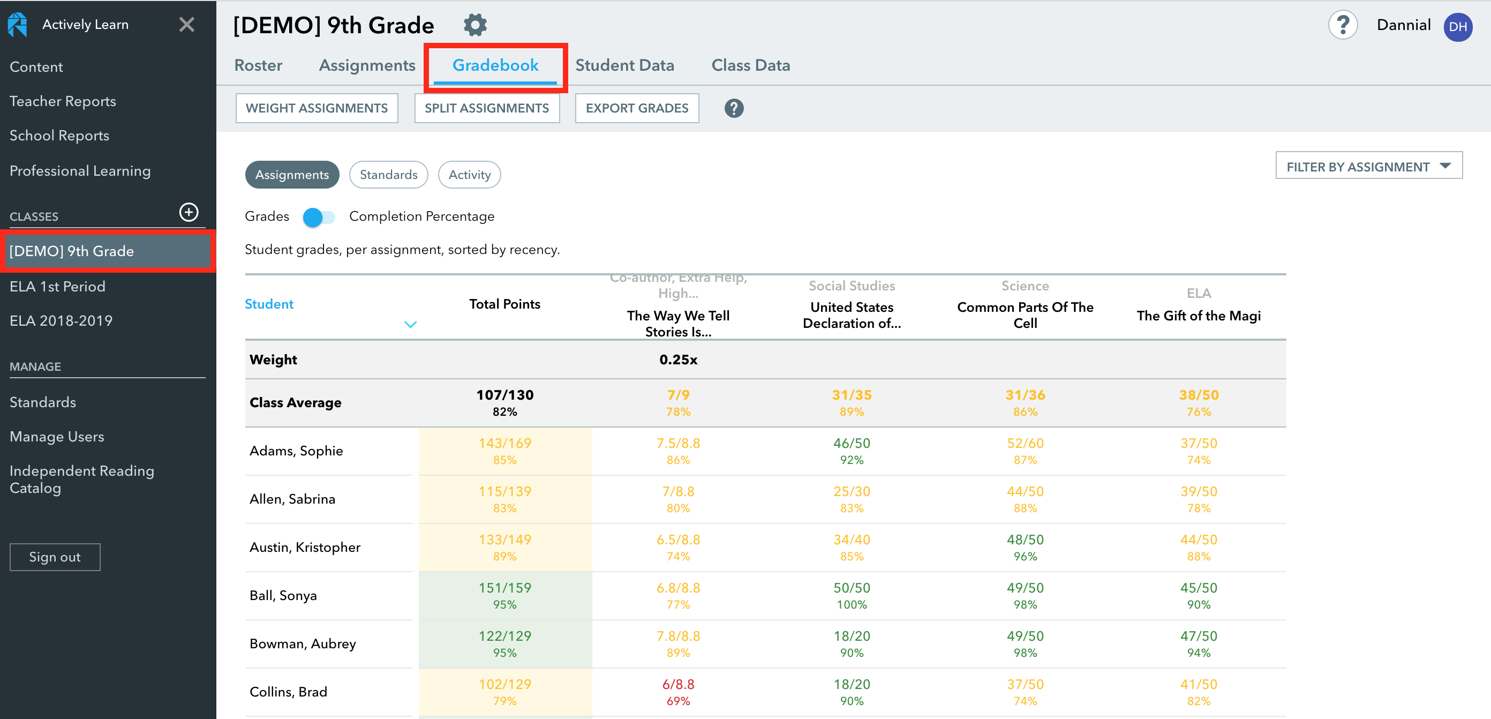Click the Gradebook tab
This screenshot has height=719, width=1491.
[495, 65]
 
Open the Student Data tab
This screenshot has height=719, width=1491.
[624, 65]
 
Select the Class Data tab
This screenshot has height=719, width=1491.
[750, 65]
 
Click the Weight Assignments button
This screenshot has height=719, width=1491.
[317, 108]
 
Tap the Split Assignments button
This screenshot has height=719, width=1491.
[486, 108]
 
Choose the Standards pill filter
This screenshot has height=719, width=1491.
[388, 175]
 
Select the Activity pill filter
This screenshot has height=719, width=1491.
[469, 175]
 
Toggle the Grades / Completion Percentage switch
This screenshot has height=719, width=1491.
[318, 217]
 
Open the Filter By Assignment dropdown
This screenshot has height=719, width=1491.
[1368, 167]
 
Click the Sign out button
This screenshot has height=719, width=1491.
[55, 557]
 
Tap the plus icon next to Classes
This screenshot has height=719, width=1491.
[189, 213]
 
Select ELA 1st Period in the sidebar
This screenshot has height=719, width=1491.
[57, 287]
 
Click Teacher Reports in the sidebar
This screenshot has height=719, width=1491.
[63, 101]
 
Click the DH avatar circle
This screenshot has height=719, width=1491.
[1457, 27]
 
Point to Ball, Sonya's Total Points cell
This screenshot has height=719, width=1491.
[504, 595]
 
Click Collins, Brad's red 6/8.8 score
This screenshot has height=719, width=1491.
[678, 691]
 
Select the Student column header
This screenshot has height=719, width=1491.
[269, 304]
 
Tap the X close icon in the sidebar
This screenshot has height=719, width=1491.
[186, 24]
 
